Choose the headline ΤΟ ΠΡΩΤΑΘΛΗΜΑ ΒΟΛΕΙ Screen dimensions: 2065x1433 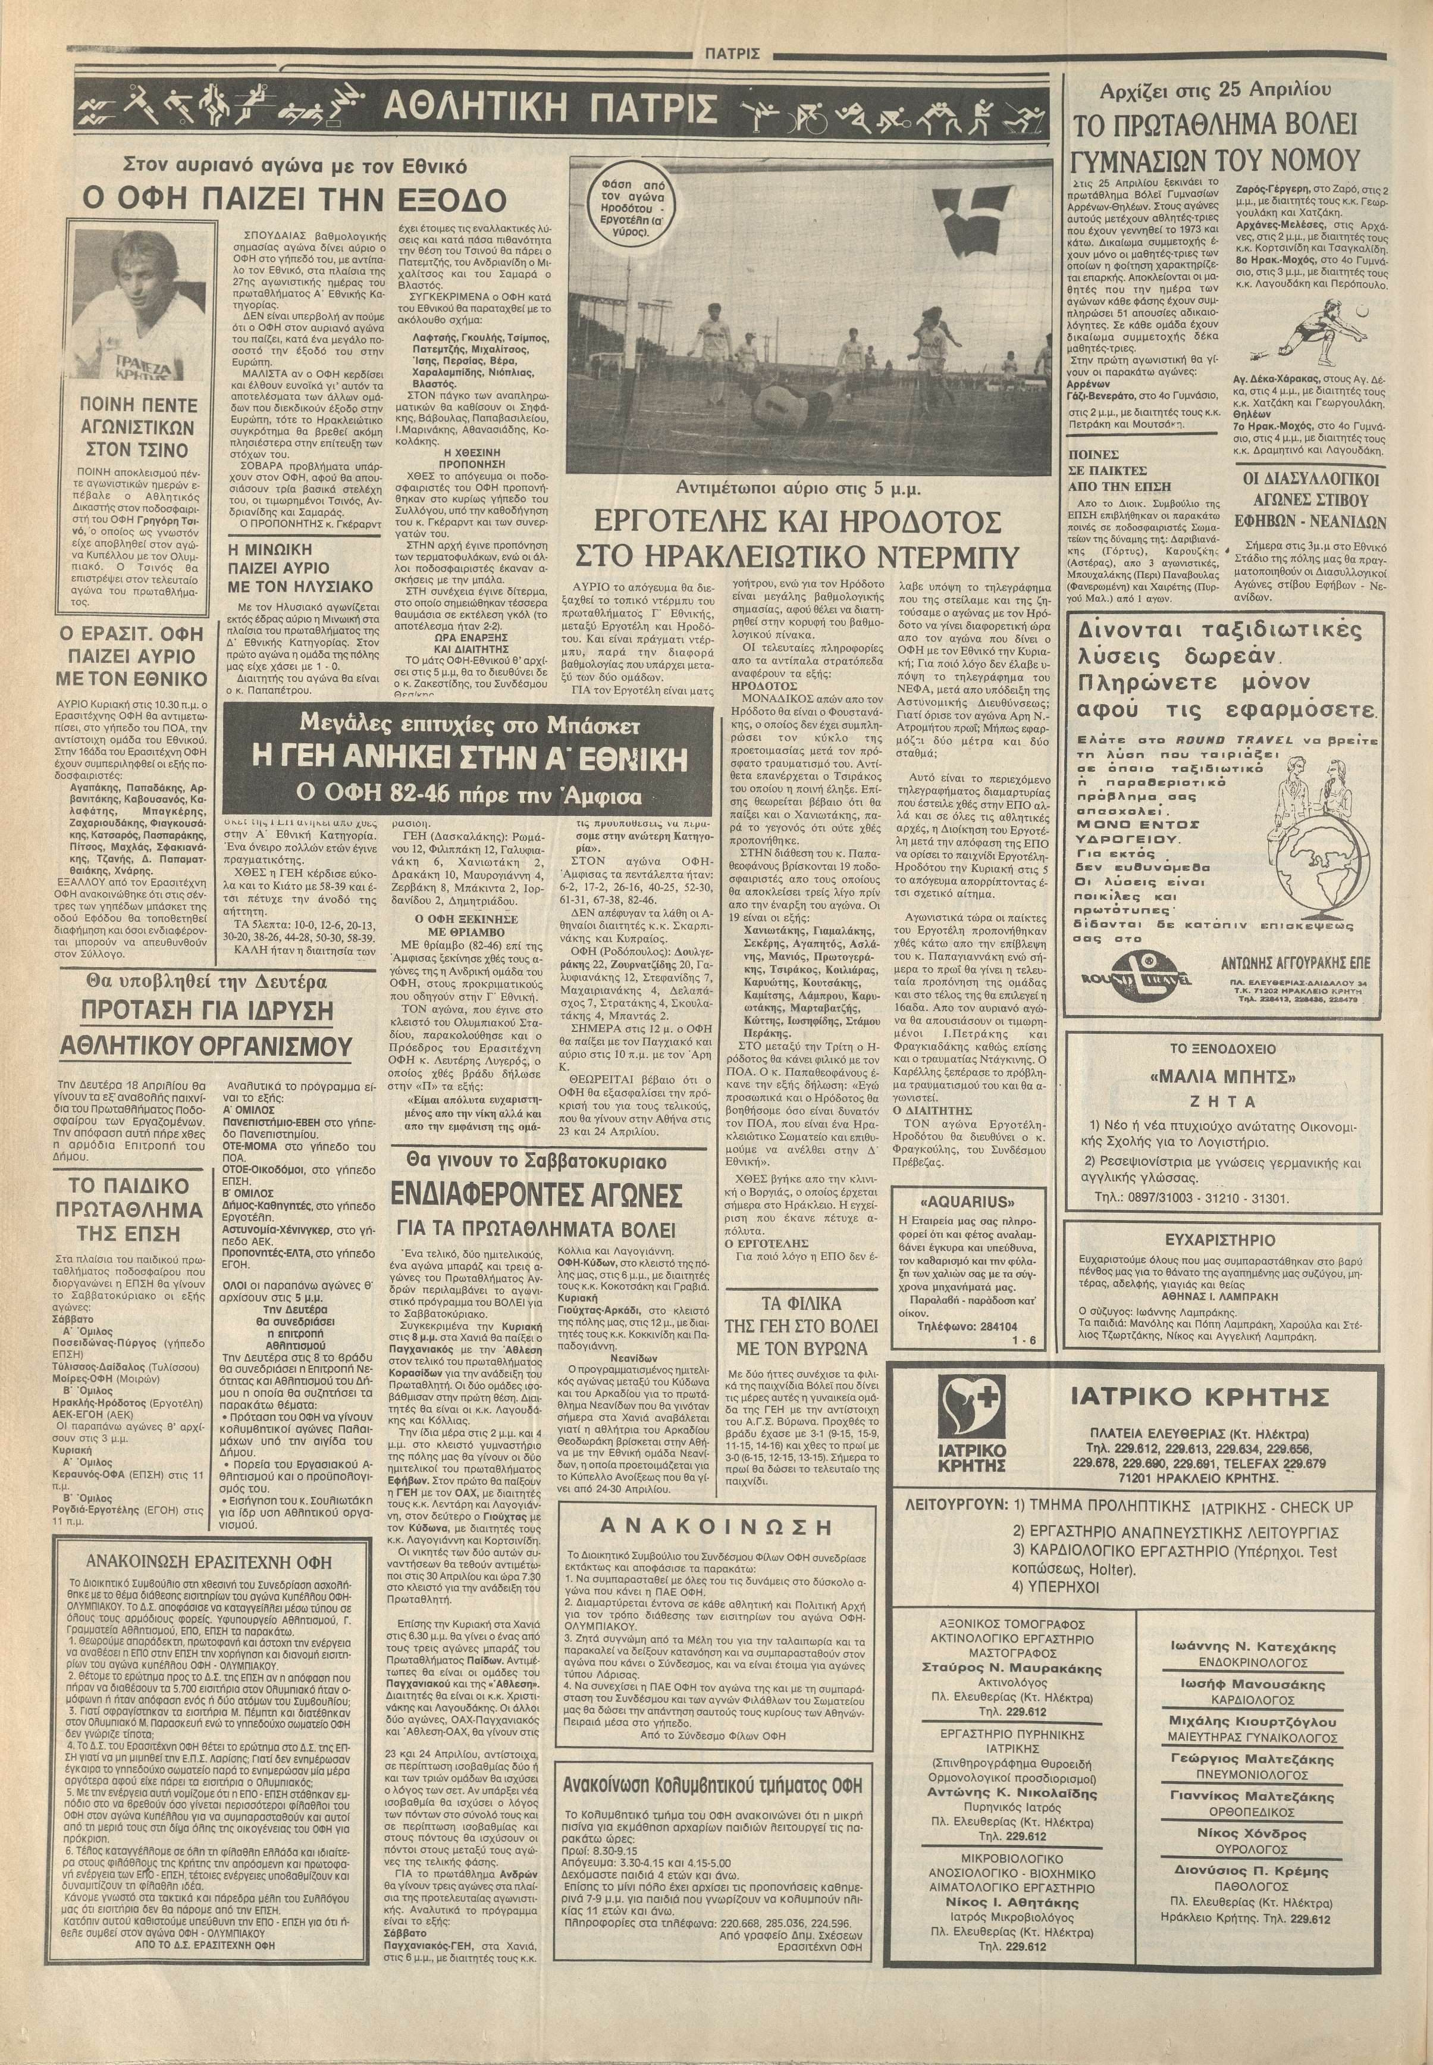(1225, 125)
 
